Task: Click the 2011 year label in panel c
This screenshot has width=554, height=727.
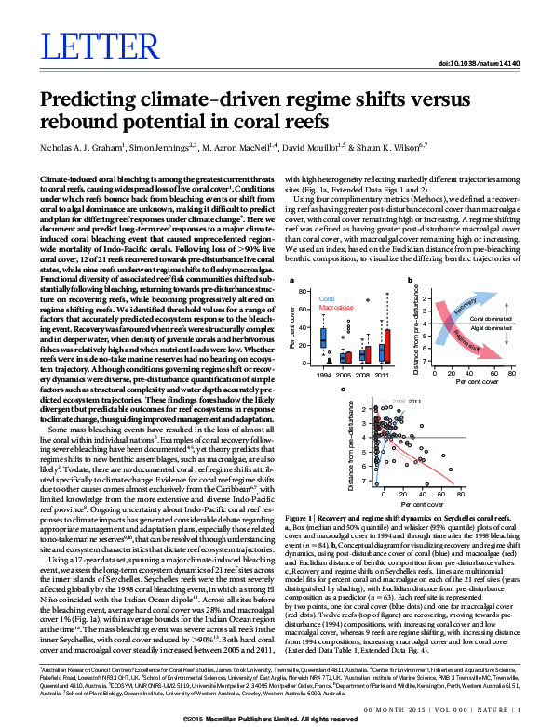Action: pyautogui.click(x=415, y=401)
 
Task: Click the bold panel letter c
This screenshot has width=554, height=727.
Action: pyautogui.click(x=343, y=390)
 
